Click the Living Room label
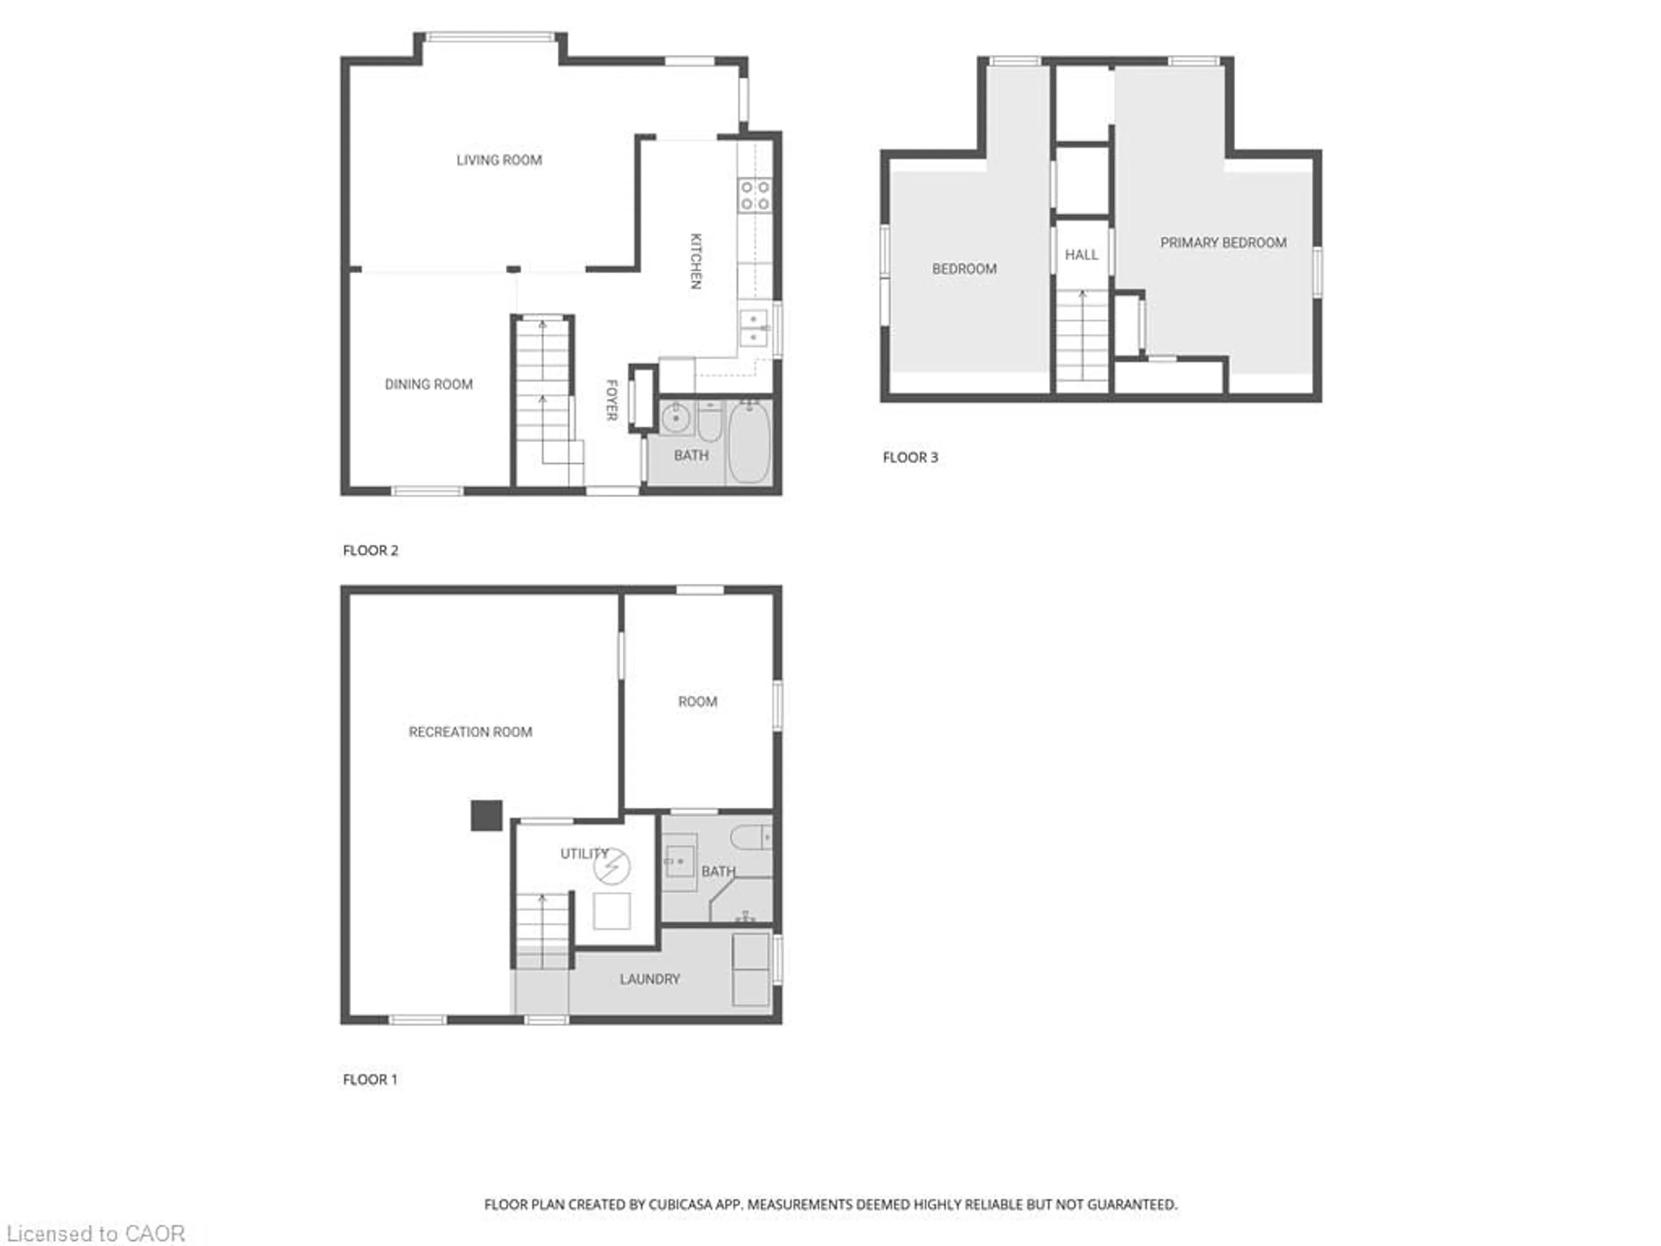(x=499, y=160)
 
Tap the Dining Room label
(x=428, y=385)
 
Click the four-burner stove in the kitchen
(x=755, y=195)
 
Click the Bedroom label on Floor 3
(x=964, y=269)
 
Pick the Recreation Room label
(x=470, y=732)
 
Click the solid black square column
(x=486, y=816)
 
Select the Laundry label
(x=650, y=979)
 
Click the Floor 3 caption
(x=910, y=457)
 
